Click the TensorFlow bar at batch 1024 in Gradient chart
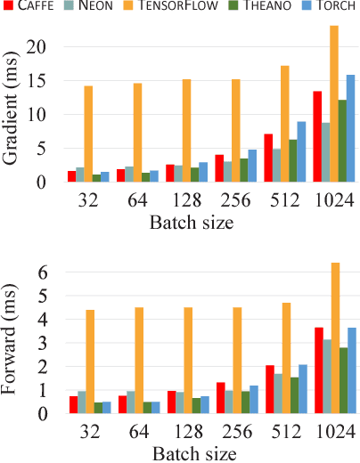click(334, 103)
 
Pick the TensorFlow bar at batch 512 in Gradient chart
click(285, 124)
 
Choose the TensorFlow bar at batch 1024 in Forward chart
click(334, 337)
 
